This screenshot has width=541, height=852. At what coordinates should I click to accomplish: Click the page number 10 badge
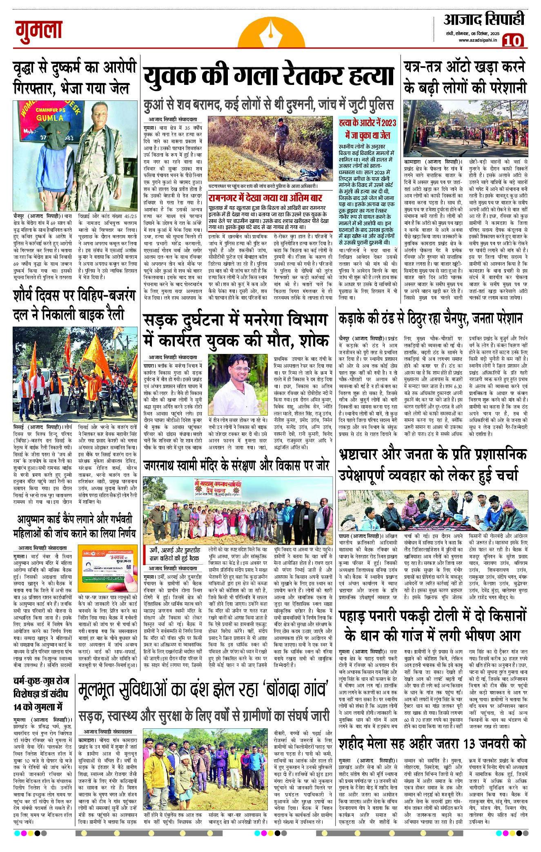[512, 41]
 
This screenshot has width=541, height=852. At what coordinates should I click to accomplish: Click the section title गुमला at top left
[39, 31]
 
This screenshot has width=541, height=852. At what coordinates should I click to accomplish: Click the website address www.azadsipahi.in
[477, 40]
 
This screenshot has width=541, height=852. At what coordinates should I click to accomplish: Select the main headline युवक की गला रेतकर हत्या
[268, 76]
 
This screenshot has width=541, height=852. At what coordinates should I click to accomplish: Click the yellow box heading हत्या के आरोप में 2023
[367, 129]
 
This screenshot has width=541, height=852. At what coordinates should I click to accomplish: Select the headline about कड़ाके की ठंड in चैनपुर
[430, 318]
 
